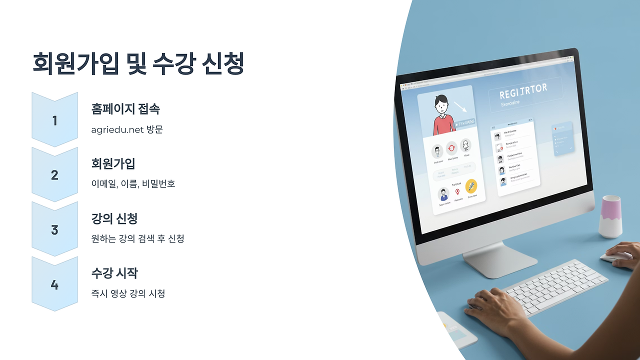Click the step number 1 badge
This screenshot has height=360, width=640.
point(54,120)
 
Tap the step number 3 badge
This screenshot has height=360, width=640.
point(54,230)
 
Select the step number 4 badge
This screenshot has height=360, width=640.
point(54,285)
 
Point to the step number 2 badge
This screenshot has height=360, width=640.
point(54,175)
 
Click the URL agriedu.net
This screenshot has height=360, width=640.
point(116,130)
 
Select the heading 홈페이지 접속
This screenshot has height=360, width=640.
point(125,109)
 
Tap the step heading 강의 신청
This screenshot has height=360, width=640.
point(114,218)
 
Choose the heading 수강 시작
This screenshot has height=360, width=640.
point(114,273)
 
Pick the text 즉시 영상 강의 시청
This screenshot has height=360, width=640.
point(128,293)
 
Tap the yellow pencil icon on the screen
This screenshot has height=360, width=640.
point(471,186)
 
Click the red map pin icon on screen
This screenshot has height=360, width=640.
point(457,191)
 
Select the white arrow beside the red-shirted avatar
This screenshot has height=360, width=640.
point(460,106)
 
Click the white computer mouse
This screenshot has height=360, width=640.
point(615,256)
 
